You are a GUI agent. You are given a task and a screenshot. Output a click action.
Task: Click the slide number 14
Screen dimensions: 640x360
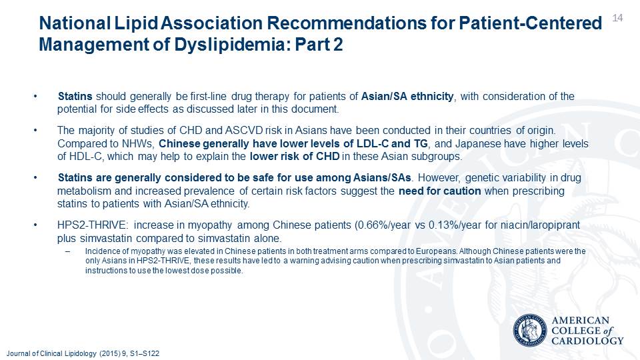617,17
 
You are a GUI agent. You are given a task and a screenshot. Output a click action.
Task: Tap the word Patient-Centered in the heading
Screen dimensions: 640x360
530,23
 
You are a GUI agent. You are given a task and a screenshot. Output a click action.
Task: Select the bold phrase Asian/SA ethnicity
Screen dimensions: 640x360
407,96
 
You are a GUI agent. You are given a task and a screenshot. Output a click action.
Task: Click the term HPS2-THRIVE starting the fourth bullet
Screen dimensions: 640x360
93,225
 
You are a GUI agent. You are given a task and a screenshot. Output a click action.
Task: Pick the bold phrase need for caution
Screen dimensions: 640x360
440,191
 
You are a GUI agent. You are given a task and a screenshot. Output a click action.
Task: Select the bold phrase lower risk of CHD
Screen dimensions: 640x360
295,156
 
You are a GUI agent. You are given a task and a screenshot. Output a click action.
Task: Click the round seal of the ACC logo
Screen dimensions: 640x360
530,330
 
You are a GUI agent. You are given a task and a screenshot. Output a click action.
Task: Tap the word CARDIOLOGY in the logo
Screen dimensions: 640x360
588,341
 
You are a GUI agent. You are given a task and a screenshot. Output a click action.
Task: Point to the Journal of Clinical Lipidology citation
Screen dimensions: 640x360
83,353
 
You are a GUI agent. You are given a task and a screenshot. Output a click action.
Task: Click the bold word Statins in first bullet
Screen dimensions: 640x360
75,96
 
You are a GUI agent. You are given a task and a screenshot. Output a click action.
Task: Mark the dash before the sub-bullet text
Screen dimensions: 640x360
68,251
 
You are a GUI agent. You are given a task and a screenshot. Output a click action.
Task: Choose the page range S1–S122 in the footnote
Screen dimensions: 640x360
145,353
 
